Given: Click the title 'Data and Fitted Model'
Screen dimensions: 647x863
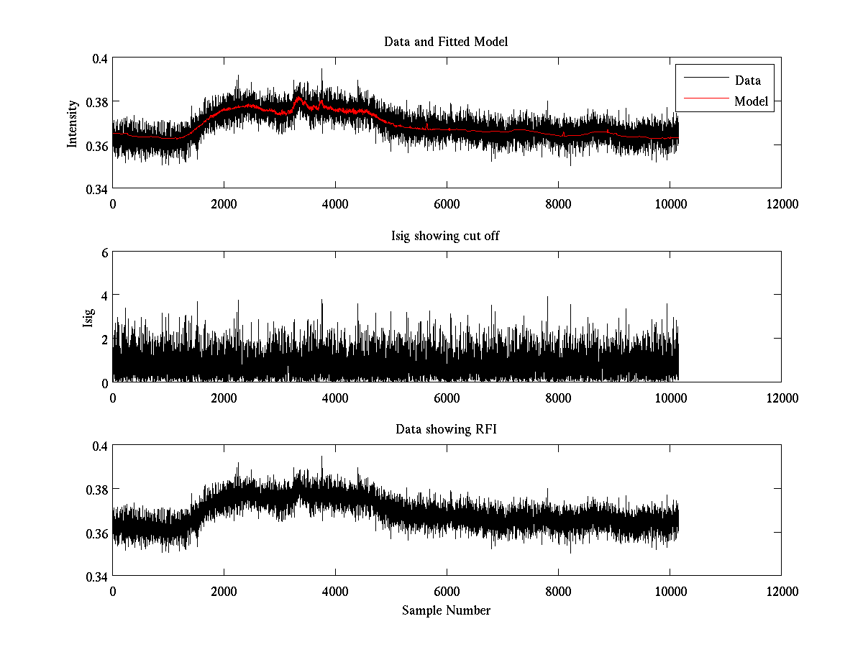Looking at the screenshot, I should click(x=446, y=42).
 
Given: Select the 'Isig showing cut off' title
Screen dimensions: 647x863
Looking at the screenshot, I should click(x=446, y=236).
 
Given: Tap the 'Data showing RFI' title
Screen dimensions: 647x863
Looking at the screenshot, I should click(x=446, y=429).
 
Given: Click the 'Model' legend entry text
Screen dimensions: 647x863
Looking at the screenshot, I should click(x=752, y=101).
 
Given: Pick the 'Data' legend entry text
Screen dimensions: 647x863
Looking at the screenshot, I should click(x=748, y=81).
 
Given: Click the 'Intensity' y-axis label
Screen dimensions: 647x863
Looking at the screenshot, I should click(x=72, y=124).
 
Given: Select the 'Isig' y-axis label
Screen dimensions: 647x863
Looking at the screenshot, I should click(x=88, y=317).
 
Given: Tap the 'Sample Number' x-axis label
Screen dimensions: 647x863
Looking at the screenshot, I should click(x=446, y=610).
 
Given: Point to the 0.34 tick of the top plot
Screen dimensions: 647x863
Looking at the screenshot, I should click(x=96, y=189).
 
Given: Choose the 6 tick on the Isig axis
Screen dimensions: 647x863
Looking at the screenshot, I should click(x=105, y=252).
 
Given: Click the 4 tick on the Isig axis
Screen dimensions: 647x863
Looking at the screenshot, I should click(x=105, y=295).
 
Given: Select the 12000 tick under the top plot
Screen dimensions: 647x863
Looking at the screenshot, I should click(x=781, y=203).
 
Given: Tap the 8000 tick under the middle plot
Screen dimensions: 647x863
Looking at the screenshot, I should click(x=558, y=398).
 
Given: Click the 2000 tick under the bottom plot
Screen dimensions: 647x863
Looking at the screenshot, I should click(x=224, y=591).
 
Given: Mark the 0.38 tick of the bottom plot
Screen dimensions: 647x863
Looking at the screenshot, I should click(x=96, y=490).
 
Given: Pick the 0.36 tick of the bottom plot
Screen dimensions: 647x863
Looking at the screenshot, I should click(x=96, y=533).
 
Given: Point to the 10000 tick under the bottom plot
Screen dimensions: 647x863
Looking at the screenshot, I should click(x=670, y=591).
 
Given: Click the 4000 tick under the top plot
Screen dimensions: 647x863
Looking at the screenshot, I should click(x=335, y=203).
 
